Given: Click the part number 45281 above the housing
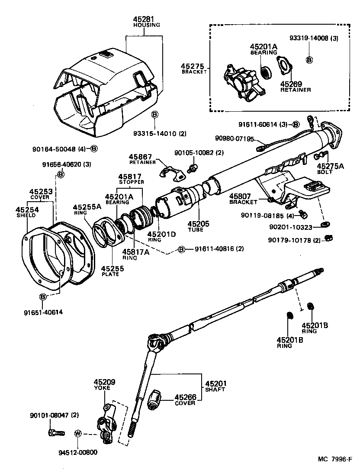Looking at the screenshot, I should [x=143, y=19].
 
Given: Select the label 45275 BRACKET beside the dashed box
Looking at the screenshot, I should [x=194, y=68].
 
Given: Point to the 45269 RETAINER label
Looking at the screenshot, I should [x=295, y=87].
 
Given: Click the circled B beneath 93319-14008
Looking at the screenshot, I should [x=309, y=60].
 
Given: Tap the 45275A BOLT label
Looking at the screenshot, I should [x=330, y=168].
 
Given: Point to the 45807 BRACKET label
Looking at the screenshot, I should [x=243, y=198].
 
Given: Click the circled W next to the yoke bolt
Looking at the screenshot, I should [x=78, y=433].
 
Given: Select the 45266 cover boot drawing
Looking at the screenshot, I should [x=154, y=399].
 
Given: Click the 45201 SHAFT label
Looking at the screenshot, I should [x=215, y=386].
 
